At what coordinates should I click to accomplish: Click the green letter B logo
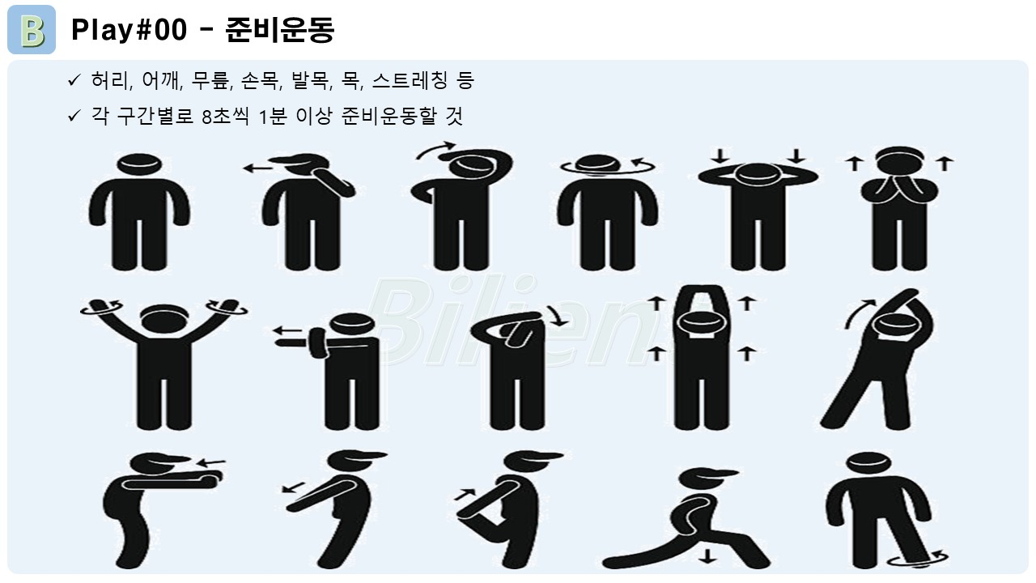pyautogui.click(x=32, y=30)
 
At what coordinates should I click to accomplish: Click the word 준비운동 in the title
pyautogui.click(x=280, y=30)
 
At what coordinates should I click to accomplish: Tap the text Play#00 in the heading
pyautogui.click(x=129, y=30)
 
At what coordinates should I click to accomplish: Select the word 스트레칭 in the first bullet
pyautogui.click(x=410, y=80)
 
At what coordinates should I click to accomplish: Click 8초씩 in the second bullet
pyautogui.click(x=226, y=116)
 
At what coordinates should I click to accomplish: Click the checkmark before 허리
pyautogui.click(x=74, y=80)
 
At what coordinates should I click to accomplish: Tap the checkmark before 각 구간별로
pyautogui.click(x=74, y=115)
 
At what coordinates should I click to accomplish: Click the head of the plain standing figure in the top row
pyautogui.click(x=139, y=164)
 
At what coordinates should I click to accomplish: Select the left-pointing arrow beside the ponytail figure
pyautogui.click(x=257, y=168)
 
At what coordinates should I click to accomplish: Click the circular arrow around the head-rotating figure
pyautogui.click(x=608, y=168)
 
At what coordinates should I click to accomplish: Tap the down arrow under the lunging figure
pyautogui.click(x=707, y=555)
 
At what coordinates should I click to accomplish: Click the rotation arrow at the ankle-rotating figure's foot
pyautogui.click(x=917, y=559)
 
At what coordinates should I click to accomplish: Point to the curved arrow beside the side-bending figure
pyautogui.click(x=858, y=313)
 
